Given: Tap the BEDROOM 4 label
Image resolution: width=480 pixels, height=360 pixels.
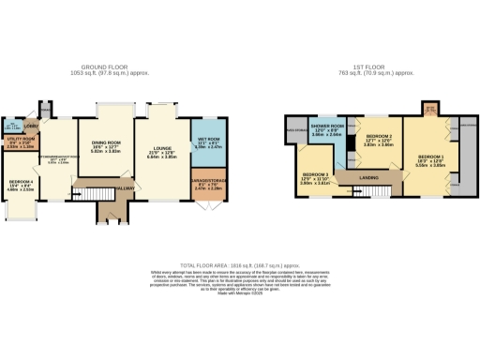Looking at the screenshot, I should [x=22, y=184].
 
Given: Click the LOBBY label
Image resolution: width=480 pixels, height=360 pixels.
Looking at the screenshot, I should [x=29, y=125].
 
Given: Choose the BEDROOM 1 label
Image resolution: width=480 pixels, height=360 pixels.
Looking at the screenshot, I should [x=431, y=157].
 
